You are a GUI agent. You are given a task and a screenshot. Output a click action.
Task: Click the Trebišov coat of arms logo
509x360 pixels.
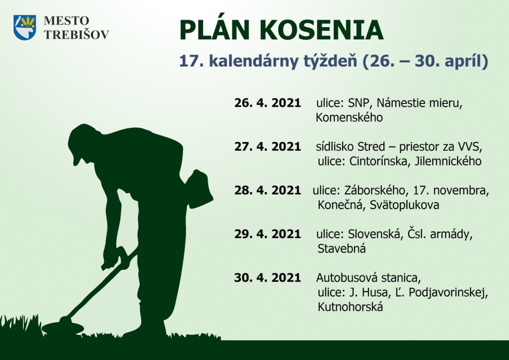[25, 28]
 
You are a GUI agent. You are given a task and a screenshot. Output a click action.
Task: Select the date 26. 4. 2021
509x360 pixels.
[268, 103]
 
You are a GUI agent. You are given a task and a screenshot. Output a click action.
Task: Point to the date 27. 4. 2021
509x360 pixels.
[268, 146]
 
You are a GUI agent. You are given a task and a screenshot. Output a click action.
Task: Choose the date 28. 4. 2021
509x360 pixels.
[268, 190]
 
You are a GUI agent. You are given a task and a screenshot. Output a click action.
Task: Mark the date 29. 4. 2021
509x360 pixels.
[268, 234]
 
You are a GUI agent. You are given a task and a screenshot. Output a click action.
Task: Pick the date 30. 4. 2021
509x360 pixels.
[268, 278]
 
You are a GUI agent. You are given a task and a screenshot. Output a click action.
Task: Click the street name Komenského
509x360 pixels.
[349, 117]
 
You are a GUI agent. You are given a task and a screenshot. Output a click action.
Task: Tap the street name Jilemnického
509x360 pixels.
[448, 161]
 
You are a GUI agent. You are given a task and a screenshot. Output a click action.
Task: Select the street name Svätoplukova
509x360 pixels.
[405, 205]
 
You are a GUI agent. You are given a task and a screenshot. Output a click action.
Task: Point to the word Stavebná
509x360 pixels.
[341, 248]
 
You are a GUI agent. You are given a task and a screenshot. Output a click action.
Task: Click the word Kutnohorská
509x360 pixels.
[350, 307]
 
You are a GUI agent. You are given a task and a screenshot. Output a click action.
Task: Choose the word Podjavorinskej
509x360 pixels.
[448, 292]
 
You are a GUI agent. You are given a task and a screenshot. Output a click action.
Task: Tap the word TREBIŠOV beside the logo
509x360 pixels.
[77, 35]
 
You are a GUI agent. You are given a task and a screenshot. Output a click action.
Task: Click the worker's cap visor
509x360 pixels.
[76, 160]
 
